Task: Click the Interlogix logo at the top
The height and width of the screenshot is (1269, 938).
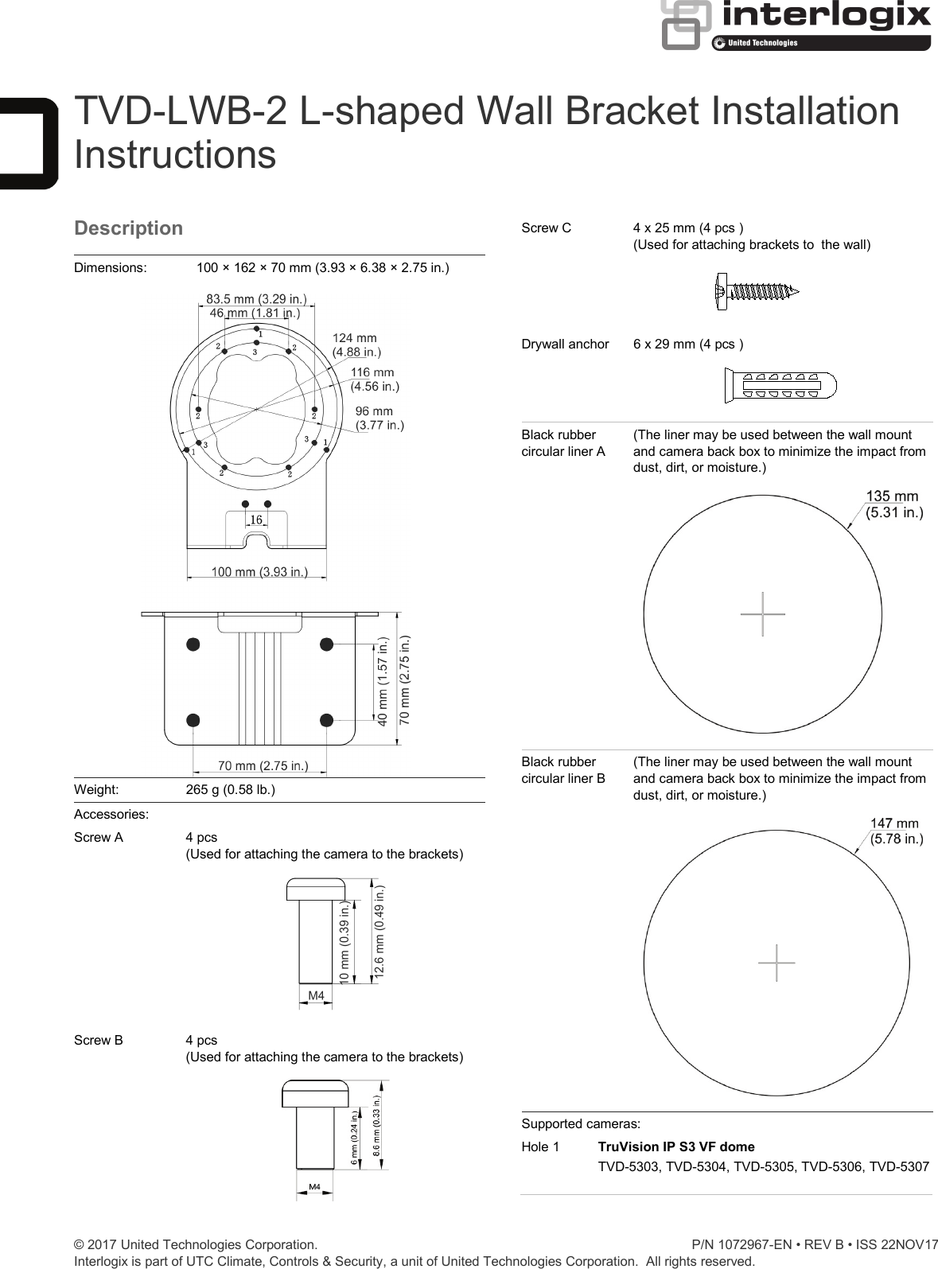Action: tap(796, 25)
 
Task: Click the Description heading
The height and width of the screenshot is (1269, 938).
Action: tap(128, 228)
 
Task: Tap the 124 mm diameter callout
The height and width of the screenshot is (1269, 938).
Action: tap(355, 344)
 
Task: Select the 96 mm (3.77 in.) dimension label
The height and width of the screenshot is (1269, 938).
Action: tap(379, 418)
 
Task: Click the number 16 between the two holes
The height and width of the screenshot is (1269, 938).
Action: tap(256, 520)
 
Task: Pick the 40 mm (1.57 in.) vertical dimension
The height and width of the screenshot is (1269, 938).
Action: tap(383, 681)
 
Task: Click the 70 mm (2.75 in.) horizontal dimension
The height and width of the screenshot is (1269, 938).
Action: tap(263, 766)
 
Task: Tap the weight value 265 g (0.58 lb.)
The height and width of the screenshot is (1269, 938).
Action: tap(230, 790)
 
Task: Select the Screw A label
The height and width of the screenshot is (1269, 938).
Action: tap(99, 837)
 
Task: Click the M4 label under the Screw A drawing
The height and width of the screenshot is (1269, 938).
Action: tap(316, 995)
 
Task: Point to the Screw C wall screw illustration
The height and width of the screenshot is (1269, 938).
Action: tap(757, 292)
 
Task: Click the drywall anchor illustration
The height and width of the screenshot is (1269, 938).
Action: tap(780, 386)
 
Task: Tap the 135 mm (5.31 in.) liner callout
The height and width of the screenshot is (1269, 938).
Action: tap(893, 504)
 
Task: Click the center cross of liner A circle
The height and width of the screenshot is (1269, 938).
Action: tap(762, 614)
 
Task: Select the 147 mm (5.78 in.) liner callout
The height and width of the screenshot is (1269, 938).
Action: tap(896, 831)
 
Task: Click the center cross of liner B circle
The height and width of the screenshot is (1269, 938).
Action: tap(776, 963)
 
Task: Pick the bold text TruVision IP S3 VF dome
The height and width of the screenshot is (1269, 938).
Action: tap(676, 1146)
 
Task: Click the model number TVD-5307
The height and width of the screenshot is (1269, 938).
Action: tap(899, 1166)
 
